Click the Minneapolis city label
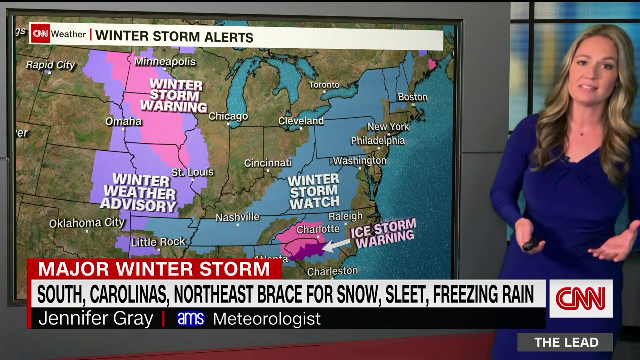coord(165,62)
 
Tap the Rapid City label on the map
coord(50,65)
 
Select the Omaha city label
coord(123,121)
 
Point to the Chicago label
coord(228,116)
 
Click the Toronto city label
coord(324,85)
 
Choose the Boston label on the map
coord(412,97)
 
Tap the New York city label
coord(388,127)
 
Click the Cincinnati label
coord(268,163)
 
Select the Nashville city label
coord(237,217)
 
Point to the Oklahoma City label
coord(87,223)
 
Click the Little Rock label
coord(158,242)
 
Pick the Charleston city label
coord(332,271)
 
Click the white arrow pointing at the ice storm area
coord(336,244)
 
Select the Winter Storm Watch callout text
coord(314,191)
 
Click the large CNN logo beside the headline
coord(581,298)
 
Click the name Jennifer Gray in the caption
coord(95,319)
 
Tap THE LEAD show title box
coord(566,342)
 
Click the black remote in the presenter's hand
coord(530,244)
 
